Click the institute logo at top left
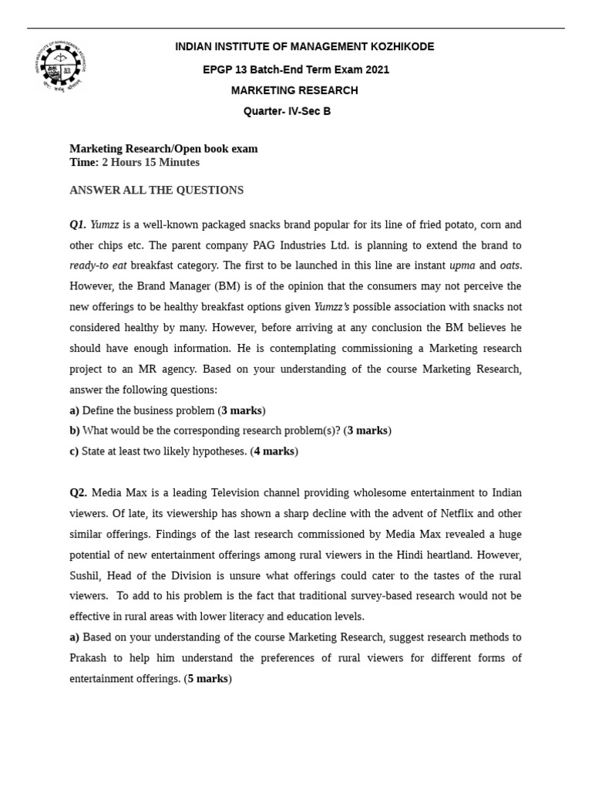pos(60,67)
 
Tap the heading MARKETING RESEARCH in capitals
pos(294,90)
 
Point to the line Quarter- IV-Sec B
pos(287,111)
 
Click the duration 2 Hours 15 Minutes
pos(150,163)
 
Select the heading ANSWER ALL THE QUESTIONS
pos(156,191)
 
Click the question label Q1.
pos(78,225)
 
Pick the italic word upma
pos(462,266)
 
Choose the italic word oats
pos(510,266)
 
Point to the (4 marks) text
pos(274,451)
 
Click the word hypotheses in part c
pos(219,451)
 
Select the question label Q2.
pos(79,493)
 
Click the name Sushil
pos(86,576)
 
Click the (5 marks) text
pos(207,679)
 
